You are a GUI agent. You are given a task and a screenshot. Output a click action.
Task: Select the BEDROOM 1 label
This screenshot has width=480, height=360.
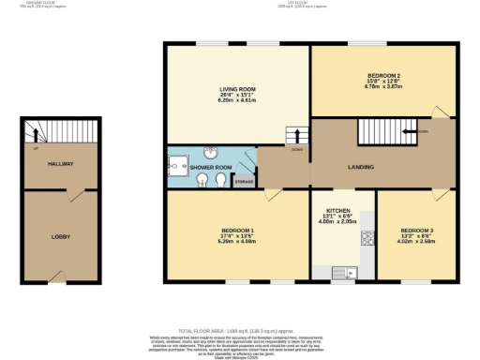(237, 229)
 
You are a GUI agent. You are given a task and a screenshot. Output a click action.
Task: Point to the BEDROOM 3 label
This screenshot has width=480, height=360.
(415, 230)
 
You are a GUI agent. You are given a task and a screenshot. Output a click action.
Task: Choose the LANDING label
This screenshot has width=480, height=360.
(361, 168)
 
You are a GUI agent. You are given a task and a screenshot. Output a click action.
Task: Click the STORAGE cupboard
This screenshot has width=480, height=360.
(244, 180)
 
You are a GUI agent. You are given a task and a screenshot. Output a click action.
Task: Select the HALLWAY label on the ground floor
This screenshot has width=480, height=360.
(61, 164)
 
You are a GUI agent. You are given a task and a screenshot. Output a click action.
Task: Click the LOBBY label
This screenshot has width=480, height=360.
(61, 236)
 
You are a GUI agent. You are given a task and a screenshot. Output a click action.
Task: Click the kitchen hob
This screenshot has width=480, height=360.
(367, 238)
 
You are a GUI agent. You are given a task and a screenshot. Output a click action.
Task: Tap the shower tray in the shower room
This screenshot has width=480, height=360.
(177, 166)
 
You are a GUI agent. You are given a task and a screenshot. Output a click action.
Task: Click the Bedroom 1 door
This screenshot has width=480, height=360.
(271, 194)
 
